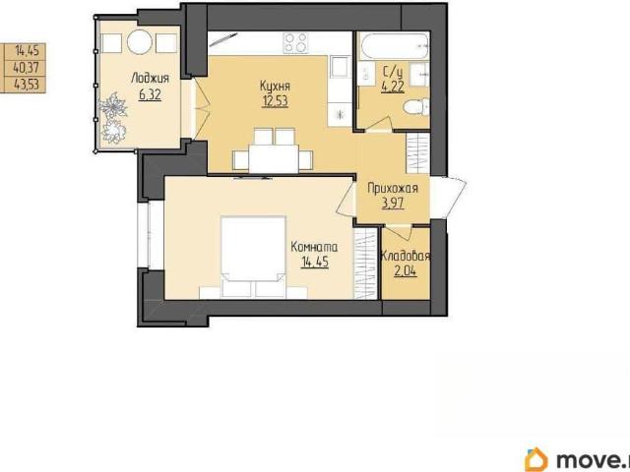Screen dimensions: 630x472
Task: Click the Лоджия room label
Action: coord(151,79)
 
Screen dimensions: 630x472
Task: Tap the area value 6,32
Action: coord(150,95)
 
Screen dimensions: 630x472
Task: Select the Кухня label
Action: coord(275,86)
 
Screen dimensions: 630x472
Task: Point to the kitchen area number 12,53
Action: coord(275,101)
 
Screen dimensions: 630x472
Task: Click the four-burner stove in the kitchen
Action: coord(295,42)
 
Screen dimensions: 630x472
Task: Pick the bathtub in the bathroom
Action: coord(393,45)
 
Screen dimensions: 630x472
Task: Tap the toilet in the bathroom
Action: coord(415,107)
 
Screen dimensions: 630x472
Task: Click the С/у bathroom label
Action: coord(393,73)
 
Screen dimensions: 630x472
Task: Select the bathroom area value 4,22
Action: coord(393,87)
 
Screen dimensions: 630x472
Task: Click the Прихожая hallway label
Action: coord(393,188)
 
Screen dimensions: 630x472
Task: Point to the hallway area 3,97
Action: coord(393,204)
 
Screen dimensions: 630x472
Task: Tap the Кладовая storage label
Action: coord(406,256)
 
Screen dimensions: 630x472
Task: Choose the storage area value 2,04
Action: coord(405,271)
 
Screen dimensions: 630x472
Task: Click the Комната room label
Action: coord(314,247)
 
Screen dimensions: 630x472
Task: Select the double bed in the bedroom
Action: coord(254,257)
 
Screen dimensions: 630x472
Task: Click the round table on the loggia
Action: coord(140,42)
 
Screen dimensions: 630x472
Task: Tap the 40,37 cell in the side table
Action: coord(26,68)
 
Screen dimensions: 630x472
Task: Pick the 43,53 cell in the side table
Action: coord(26,85)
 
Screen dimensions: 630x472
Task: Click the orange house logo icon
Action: coord(535,459)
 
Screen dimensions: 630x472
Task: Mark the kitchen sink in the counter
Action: coord(340,66)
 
